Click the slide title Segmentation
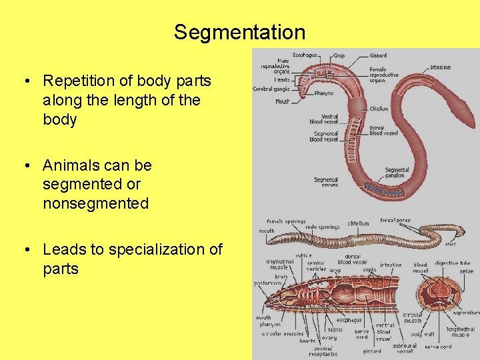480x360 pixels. (239, 32)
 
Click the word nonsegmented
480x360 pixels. (95, 203)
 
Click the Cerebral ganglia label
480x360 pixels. (271, 89)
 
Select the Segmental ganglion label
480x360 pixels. (397, 173)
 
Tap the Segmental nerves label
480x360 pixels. (326, 181)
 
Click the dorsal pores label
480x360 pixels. (395, 220)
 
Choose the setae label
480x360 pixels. (466, 271)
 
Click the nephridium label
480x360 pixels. (466, 311)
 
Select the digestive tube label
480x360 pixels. (453, 263)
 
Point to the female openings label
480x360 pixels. (286, 221)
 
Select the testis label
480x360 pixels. (335, 330)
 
